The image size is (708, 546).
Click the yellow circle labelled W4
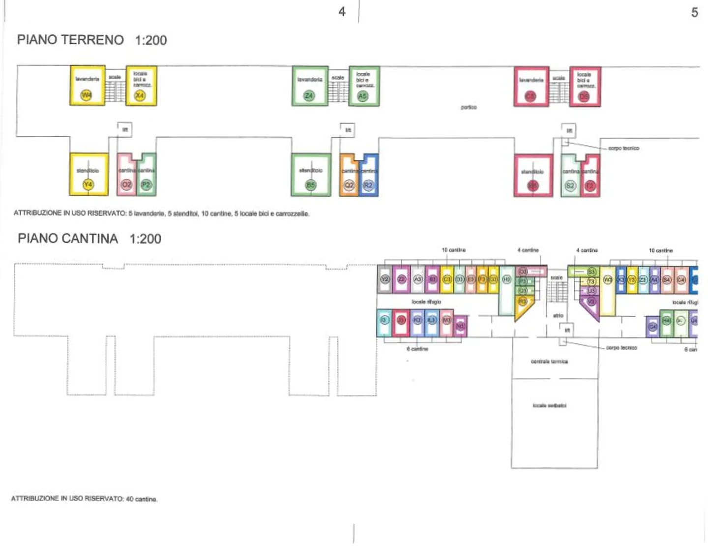pyautogui.click(x=86, y=95)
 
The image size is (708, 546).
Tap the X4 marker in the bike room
pyautogui.click(x=140, y=95)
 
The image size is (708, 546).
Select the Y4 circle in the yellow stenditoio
pyautogui.click(x=88, y=184)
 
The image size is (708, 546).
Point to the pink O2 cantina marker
pyautogui.click(x=126, y=184)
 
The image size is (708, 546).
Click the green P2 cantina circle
pyautogui.click(x=146, y=184)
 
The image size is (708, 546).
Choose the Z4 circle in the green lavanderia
pyautogui.click(x=309, y=95)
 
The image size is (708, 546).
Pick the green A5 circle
pyautogui.click(x=362, y=96)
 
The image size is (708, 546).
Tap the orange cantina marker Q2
pyautogui.click(x=349, y=185)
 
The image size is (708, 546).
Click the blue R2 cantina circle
pyautogui.click(x=368, y=185)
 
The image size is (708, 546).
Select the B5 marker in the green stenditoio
pyautogui.click(x=310, y=185)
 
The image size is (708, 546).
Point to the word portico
pyautogui.click(x=469, y=107)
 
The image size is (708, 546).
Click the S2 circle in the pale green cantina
pyautogui.click(x=570, y=185)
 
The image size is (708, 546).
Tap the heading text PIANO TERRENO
pyautogui.click(x=70, y=40)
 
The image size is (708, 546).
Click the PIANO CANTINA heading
pyautogui.click(x=68, y=239)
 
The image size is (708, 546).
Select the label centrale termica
pyautogui.click(x=549, y=362)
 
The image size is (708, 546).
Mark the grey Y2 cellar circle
pyautogui.click(x=385, y=279)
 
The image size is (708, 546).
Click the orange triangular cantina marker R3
pyautogui.click(x=523, y=301)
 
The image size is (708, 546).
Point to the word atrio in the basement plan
pyautogui.click(x=558, y=315)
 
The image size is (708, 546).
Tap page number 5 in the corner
pyautogui.click(x=694, y=12)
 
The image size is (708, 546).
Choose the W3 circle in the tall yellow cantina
pyautogui.click(x=608, y=279)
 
